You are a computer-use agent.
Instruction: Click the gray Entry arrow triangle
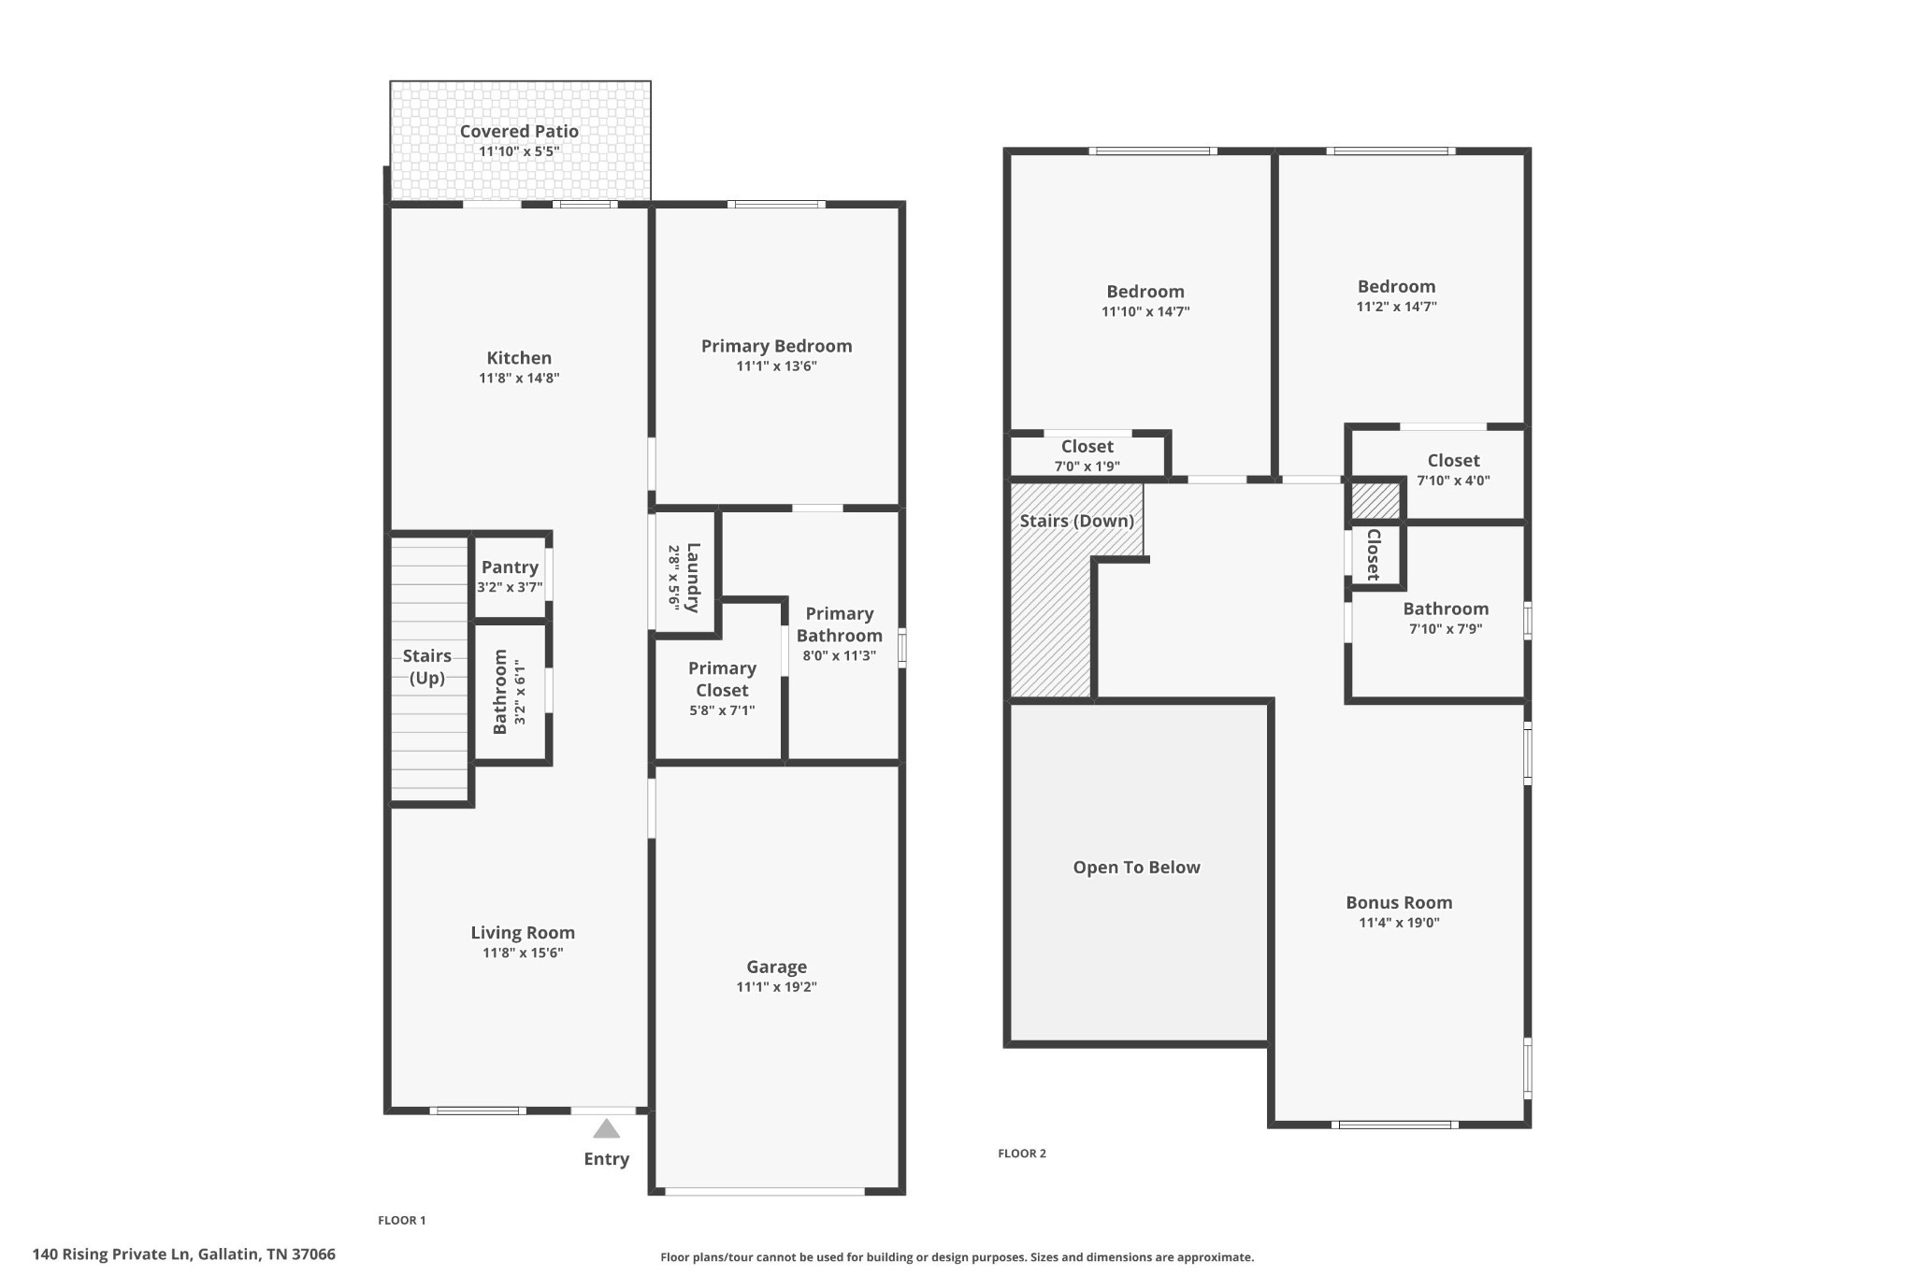click(x=606, y=1129)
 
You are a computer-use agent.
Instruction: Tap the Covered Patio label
click(x=519, y=132)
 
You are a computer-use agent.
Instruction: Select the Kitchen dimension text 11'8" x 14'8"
click(x=519, y=379)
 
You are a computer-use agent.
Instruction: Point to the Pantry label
click(x=510, y=567)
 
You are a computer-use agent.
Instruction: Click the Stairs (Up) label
click(x=427, y=667)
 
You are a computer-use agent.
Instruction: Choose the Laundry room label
click(x=693, y=578)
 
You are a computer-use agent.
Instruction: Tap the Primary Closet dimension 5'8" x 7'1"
click(x=722, y=710)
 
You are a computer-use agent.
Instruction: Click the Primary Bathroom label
click(x=839, y=624)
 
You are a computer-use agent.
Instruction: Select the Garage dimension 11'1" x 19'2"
click(x=776, y=987)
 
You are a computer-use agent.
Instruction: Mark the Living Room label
click(x=523, y=933)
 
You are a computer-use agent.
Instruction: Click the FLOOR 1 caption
click(x=402, y=1220)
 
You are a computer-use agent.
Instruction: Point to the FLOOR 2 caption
click(x=1022, y=1154)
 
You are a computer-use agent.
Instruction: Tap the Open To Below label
click(x=1136, y=867)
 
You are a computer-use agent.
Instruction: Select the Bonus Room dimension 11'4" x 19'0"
click(x=1399, y=923)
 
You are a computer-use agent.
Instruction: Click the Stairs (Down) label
click(x=1076, y=521)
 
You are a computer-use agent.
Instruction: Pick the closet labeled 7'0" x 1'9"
click(x=1087, y=466)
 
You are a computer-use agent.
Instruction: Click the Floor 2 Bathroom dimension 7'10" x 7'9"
click(x=1446, y=629)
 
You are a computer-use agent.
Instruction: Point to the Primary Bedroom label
click(x=776, y=346)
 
